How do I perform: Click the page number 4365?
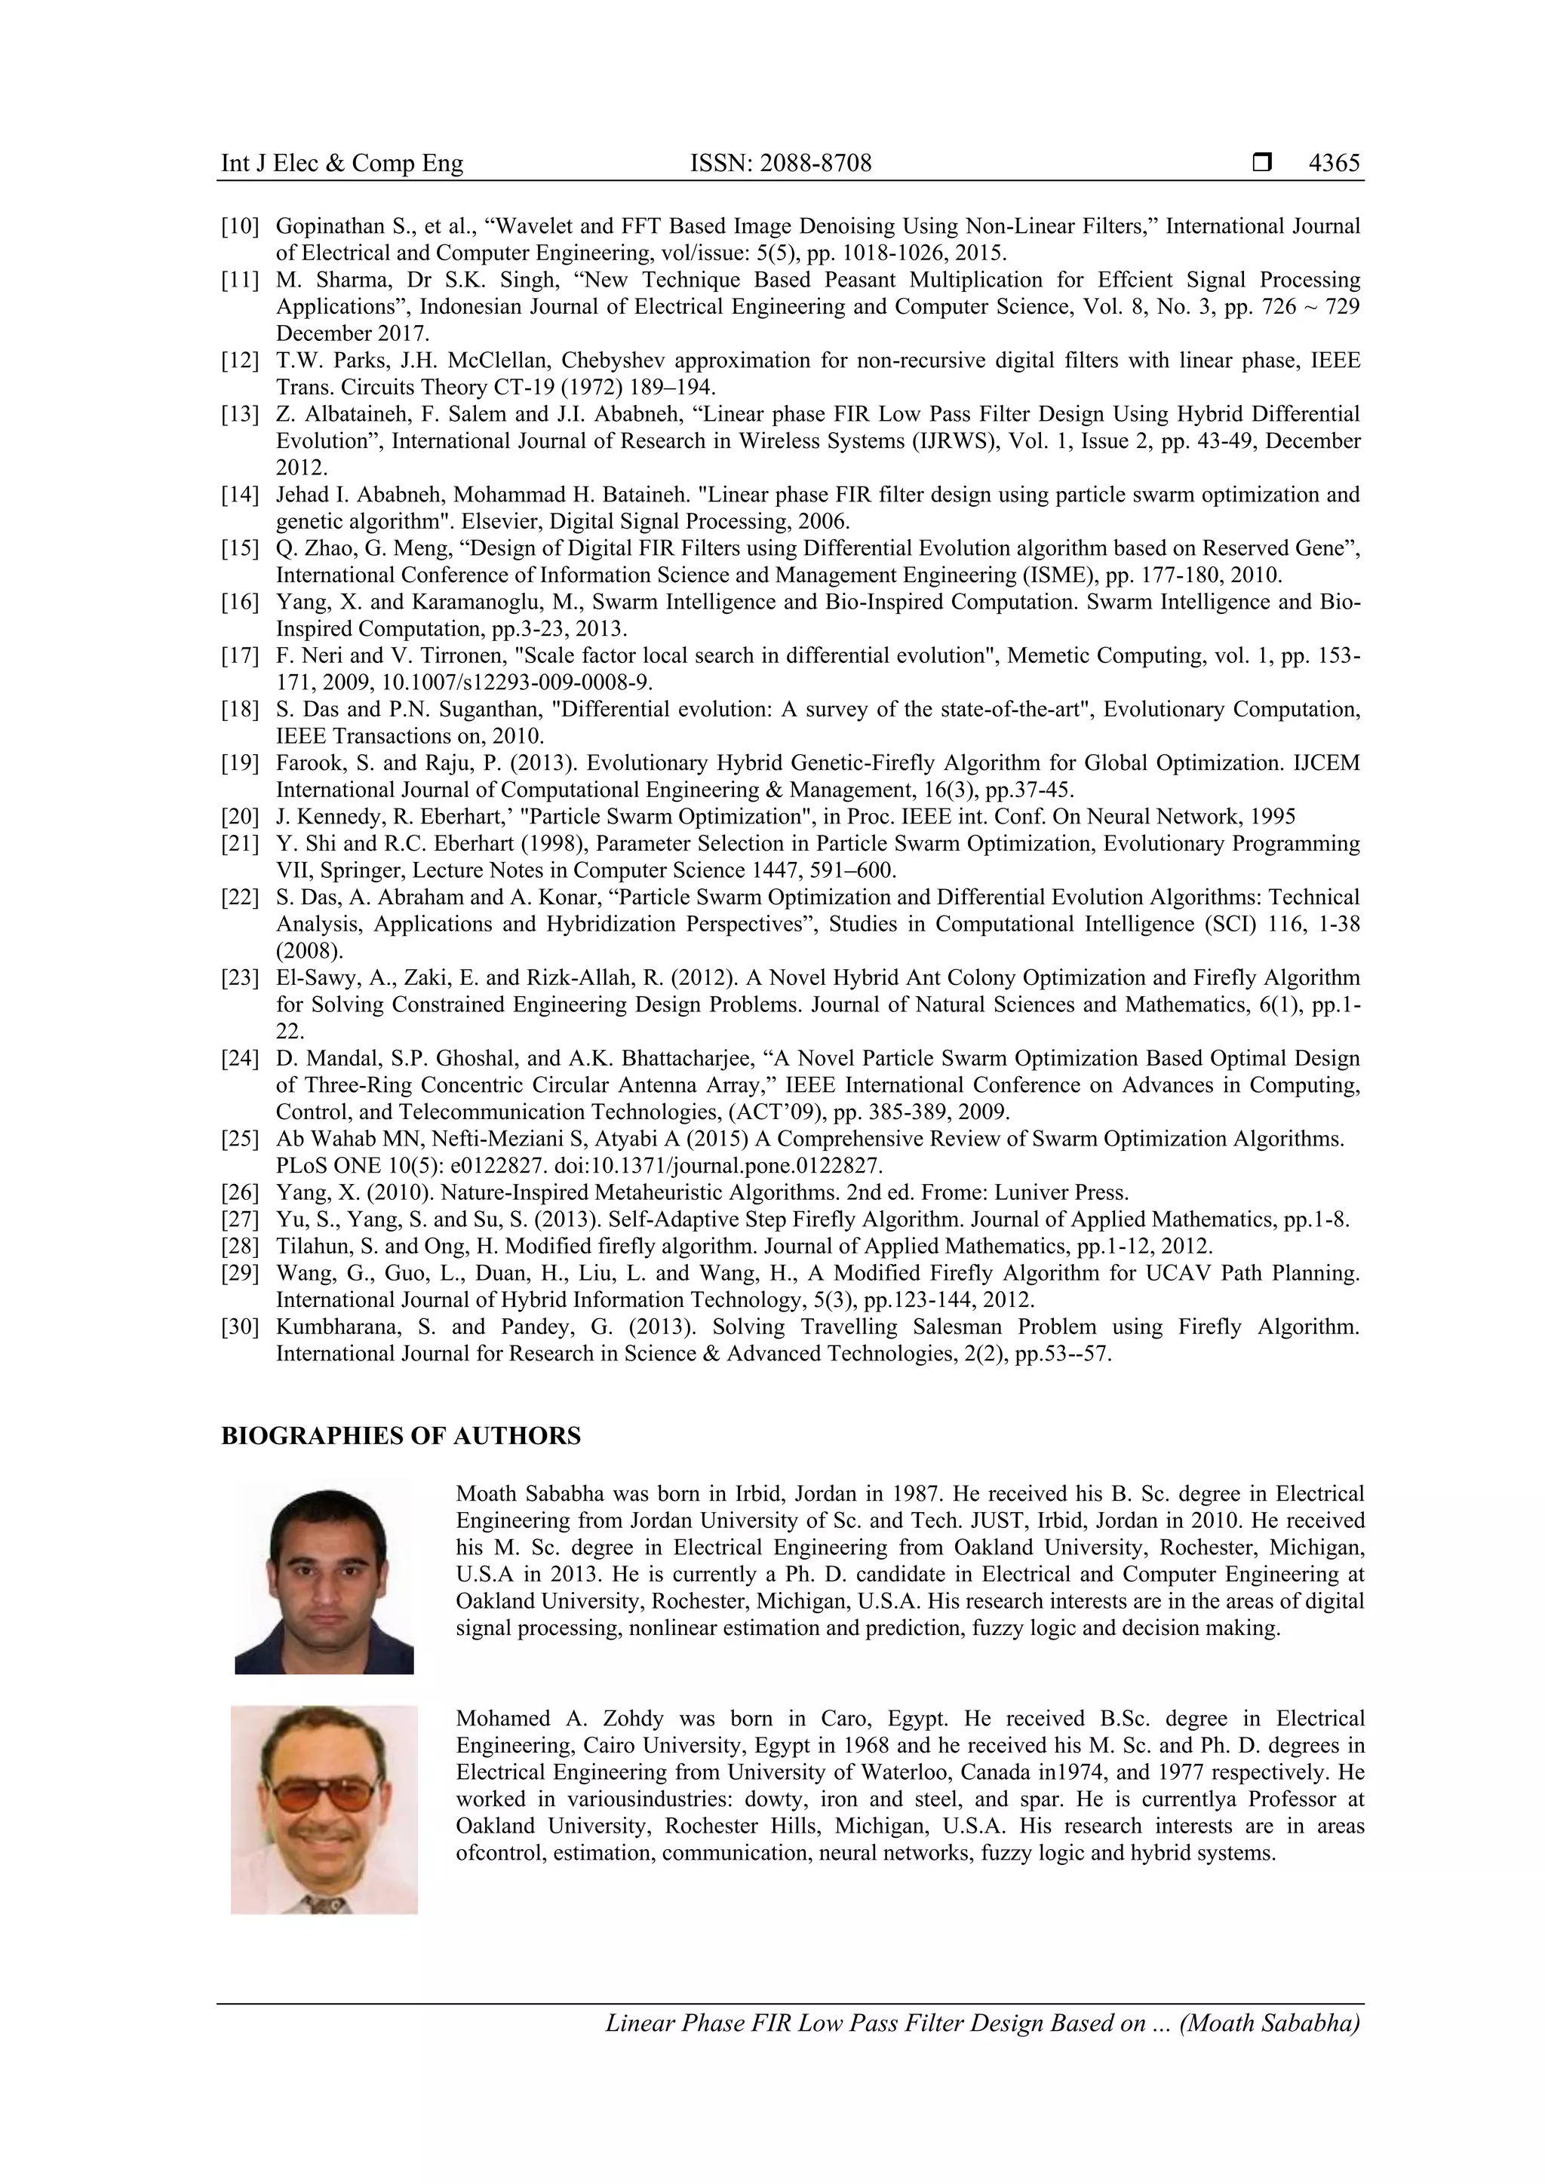coord(1334,163)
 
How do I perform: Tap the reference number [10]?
coord(240,226)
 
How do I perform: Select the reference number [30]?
coord(240,1327)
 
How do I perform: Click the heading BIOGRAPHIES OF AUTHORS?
coord(401,1437)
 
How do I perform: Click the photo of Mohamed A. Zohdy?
coord(324,1809)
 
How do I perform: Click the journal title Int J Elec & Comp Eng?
coord(342,163)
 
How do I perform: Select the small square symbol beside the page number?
coord(1261,163)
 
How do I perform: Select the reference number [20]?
coord(240,816)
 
